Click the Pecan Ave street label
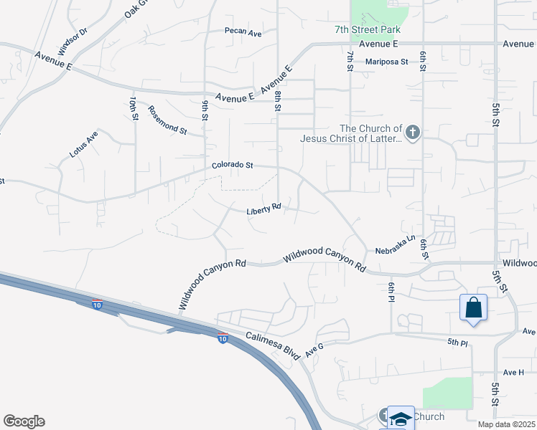coord(243,33)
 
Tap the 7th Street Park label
coord(367,29)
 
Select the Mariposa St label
coord(386,62)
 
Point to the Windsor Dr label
coord(72,42)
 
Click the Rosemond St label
coord(167,120)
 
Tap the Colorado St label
coord(233,166)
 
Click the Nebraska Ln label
coord(396,244)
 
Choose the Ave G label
coord(314,350)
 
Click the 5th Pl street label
coord(457,343)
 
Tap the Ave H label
coord(513,372)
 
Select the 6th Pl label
coord(392,292)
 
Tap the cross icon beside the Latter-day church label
coord(412,133)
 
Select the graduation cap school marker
coord(401,419)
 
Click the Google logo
coord(24,421)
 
